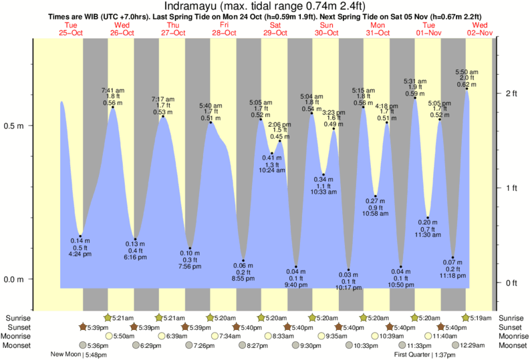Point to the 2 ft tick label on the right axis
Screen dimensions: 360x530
point(511,93)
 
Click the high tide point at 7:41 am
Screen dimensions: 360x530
point(112,108)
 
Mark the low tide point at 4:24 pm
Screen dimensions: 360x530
point(80,235)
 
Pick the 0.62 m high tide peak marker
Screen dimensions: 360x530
point(467,89)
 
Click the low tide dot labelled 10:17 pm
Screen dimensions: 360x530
point(348,270)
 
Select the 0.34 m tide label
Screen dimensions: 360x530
point(323,180)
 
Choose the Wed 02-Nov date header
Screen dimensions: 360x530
point(479,29)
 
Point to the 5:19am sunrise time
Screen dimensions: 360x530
point(479,317)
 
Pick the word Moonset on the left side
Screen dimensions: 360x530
point(17,345)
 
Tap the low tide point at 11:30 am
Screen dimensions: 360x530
point(428,218)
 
